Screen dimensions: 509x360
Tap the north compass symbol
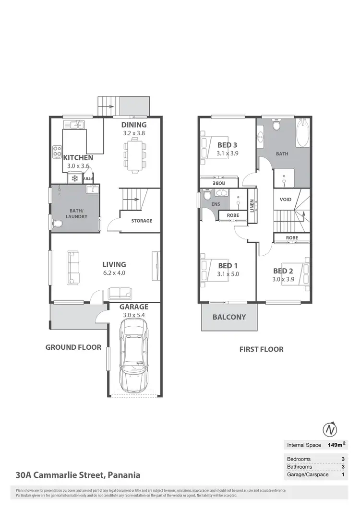click(x=329, y=429)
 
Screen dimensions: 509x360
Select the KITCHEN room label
click(x=78, y=157)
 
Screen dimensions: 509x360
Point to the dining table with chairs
click(x=135, y=154)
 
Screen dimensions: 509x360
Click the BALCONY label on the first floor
click(x=229, y=317)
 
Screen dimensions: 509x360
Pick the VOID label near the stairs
click(x=285, y=199)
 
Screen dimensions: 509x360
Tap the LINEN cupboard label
click(x=252, y=205)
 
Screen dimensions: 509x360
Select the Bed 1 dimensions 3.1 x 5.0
click(x=228, y=274)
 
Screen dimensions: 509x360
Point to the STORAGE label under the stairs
click(x=142, y=221)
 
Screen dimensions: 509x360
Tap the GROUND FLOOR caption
click(x=73, y=347)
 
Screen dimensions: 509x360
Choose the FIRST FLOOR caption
click(x=261, y=349)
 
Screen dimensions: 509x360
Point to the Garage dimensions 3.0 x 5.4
click(x=133, y=315)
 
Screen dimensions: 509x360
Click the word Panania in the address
click(x=124, y=475)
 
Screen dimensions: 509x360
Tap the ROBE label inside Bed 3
click(x=218, y=183)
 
